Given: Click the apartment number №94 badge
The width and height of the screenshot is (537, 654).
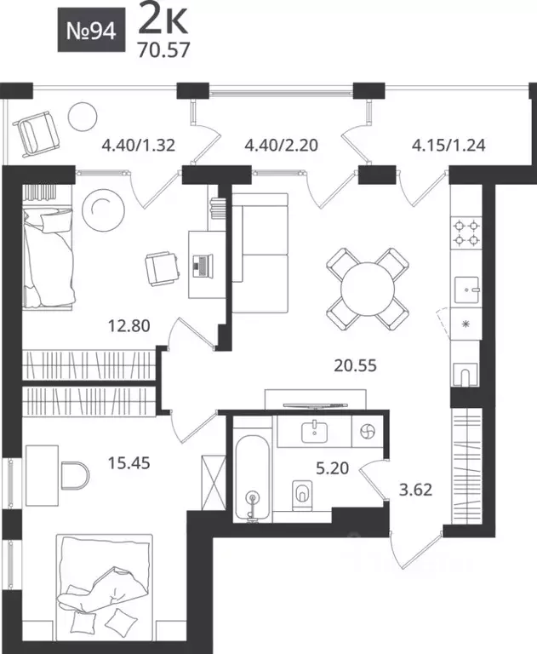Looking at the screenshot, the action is [91, 30].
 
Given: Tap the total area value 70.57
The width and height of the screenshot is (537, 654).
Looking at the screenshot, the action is [164, 50].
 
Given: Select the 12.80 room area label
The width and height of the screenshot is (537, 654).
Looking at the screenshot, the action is [129, 325].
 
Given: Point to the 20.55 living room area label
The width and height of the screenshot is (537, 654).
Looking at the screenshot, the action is [355, 365].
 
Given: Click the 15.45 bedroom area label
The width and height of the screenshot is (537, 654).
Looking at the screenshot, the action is [129, 462].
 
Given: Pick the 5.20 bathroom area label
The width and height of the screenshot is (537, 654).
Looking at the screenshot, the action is [332, 468].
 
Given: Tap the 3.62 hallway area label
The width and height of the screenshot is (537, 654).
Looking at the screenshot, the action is [415, 490].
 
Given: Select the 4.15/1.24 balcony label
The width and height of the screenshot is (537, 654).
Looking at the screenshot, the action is [448, 145].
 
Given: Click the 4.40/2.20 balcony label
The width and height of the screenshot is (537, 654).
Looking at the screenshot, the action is [282, 145].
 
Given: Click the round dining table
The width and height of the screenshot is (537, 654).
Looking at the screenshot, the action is [368, 289].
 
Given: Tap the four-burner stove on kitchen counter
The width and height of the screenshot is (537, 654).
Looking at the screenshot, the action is [466, 232].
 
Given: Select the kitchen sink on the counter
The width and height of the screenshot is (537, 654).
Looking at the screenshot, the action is [466, 290].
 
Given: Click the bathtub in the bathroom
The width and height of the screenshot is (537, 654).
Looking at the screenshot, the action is [251, 478].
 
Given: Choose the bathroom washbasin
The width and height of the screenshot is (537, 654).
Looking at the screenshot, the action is [314, 432].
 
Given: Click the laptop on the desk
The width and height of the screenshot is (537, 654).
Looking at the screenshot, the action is [203, 266].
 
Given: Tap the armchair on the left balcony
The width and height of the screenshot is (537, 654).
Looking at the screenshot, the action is [37, 134].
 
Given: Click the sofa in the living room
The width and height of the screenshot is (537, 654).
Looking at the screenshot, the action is [260, 253].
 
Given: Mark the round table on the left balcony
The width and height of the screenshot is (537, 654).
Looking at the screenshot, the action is [83, 117].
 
